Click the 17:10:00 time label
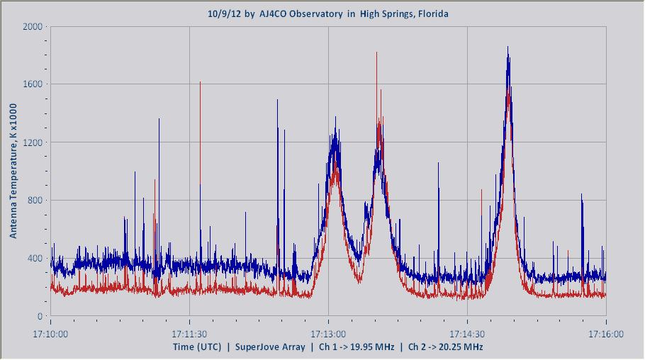(x=50, y=331)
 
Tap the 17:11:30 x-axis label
(x=189, y=331)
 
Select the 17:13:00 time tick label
(x=328, y=331)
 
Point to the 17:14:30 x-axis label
(x=467, y=331)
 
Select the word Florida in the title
(x=432, y=14)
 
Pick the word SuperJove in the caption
(x=258, y=347)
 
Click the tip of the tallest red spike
(x=376, y=52)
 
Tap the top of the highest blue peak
(x=507, y=47)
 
